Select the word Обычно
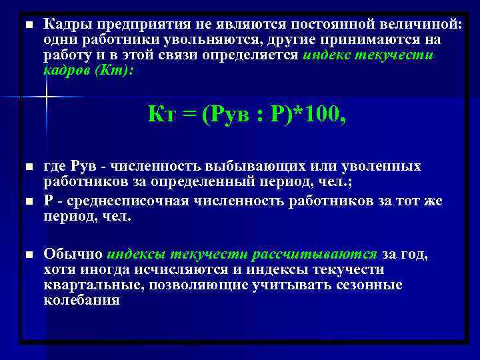pos(73,254)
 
